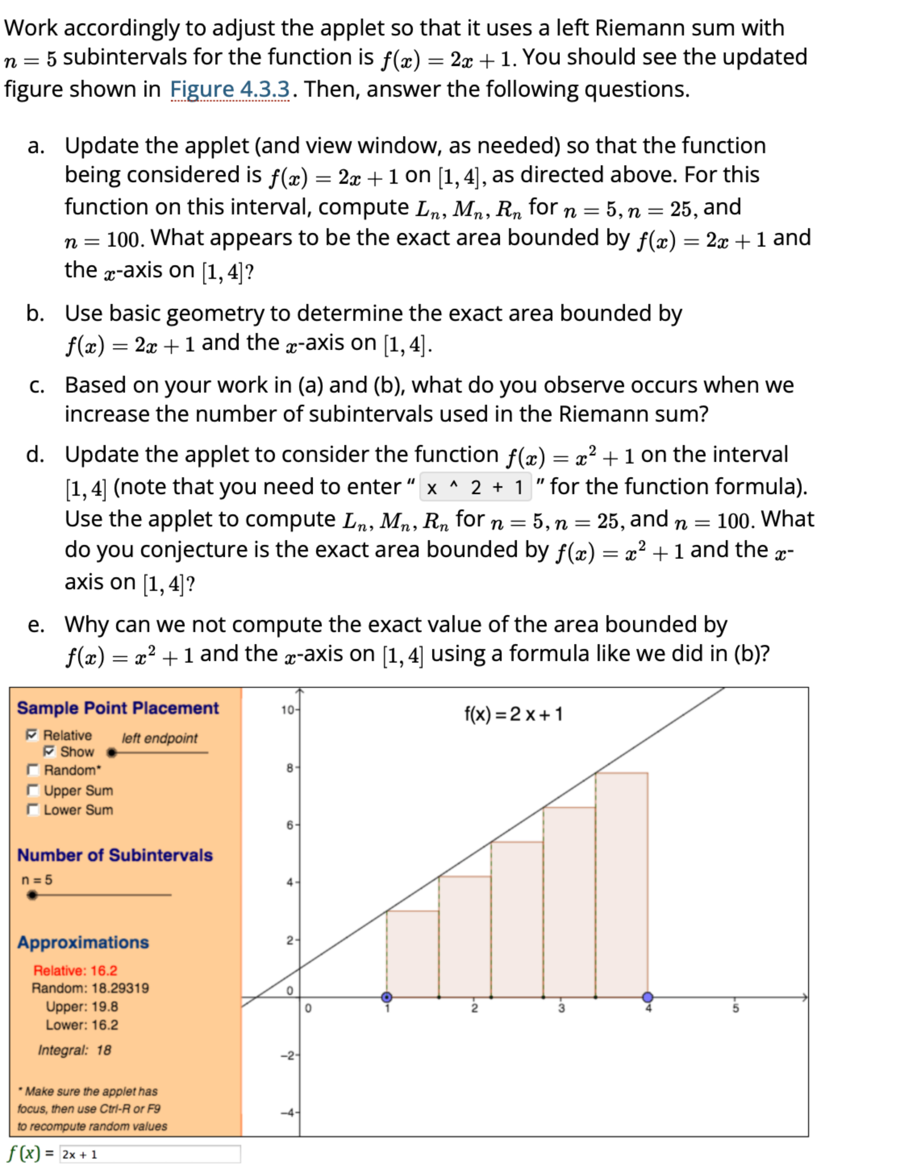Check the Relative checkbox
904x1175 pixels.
32,735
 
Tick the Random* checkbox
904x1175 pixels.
33,770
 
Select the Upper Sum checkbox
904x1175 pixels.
33,790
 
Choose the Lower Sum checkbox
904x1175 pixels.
33,810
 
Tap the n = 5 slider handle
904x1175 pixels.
32,895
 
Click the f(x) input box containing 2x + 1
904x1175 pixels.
150,1154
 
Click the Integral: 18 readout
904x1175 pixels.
74,1050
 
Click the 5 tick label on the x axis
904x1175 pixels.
735,1008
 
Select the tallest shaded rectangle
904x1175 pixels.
621,885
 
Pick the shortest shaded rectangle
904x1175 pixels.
413,954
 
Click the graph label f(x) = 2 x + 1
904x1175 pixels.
513,714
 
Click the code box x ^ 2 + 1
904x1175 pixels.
475,487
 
